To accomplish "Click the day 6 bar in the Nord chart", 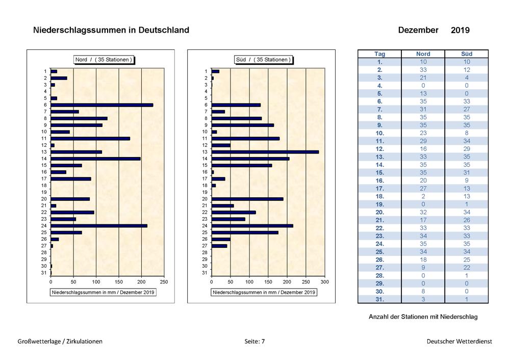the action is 102,105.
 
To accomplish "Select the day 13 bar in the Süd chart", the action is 265,152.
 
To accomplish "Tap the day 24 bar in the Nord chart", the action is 99,226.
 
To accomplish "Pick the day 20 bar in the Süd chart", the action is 247,199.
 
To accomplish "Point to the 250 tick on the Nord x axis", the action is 164,282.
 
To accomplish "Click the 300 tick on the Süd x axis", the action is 324,282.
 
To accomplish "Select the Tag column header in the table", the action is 379,54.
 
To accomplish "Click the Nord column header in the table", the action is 423,54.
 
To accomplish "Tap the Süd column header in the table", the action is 467,54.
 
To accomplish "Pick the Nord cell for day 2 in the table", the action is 423,70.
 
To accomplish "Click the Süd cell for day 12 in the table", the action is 467,149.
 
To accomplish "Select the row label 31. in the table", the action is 379,299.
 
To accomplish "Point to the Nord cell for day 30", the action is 423,291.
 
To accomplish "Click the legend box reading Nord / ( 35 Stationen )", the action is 104,60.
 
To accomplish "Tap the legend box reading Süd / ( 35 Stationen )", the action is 263,60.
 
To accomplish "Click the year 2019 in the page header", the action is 460,30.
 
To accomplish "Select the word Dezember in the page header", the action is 418,30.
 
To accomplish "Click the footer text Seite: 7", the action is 254,342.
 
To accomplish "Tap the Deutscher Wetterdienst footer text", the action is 460,342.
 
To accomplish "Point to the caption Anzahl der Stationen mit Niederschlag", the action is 423,317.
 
